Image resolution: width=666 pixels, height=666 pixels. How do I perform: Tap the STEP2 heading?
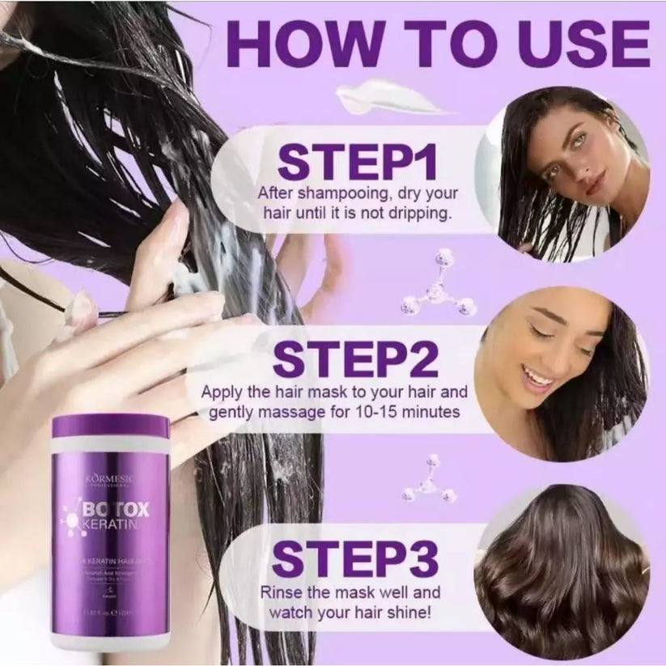coord(357,358)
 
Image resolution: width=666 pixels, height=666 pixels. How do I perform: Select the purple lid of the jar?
coord(110,426)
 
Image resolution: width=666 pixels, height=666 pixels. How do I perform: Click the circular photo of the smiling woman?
coord(560,374)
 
